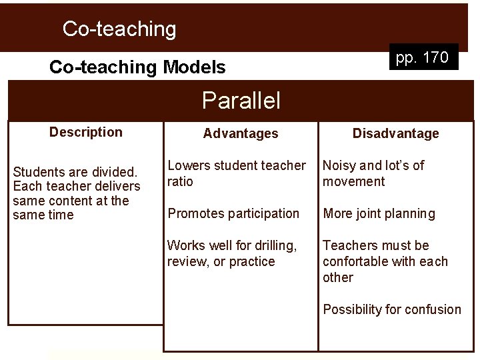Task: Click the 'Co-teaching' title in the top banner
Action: pyautogui.click(x=119, y=29)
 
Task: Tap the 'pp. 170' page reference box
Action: pyautogui.click(x=422, y=57)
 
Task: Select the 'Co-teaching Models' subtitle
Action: pyautogui.click(x=137, y=67)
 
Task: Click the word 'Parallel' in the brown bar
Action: pyautogui.click(x=241, y=101)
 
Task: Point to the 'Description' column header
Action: pyautogui.click(x=86, y=132)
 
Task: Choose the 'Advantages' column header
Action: pyautogui.click(x=241, y=133)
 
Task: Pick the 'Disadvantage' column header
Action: pyautogui.click(x=396, y=133)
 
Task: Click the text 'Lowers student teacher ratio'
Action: pyautogui.click(x=236, y=173)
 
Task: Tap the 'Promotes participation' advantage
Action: pyautogui.click(x=233, y=213)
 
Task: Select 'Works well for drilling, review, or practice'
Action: pyautogui.click(x=232, y=253)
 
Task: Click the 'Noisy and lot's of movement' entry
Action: pyautogui.click(x=373, y=173)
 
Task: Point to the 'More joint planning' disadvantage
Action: pyautogui.click(x=379, y=213)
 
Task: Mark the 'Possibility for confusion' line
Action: pyautogui.click(x=392, y=309)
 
